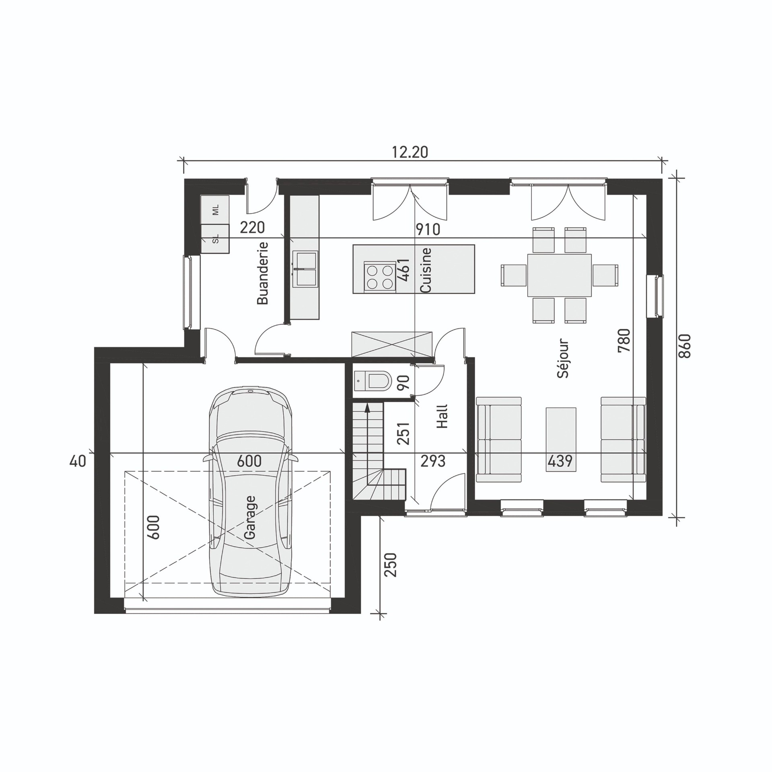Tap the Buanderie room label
tap(262, 273)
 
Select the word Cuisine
tap(425, 270)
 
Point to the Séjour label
tap(564, 358)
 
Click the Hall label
tap(443, 416)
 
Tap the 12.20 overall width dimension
tap(410, 152)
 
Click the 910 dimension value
tap(428, 230)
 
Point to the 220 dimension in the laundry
tap(252, 228)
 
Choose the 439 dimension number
tap(560, 461)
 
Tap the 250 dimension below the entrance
tap(391, 565)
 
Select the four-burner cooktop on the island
tap(378, 277)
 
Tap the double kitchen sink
tap(305, 269)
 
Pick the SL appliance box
tap(215, 239)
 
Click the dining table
tap(559, 275)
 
